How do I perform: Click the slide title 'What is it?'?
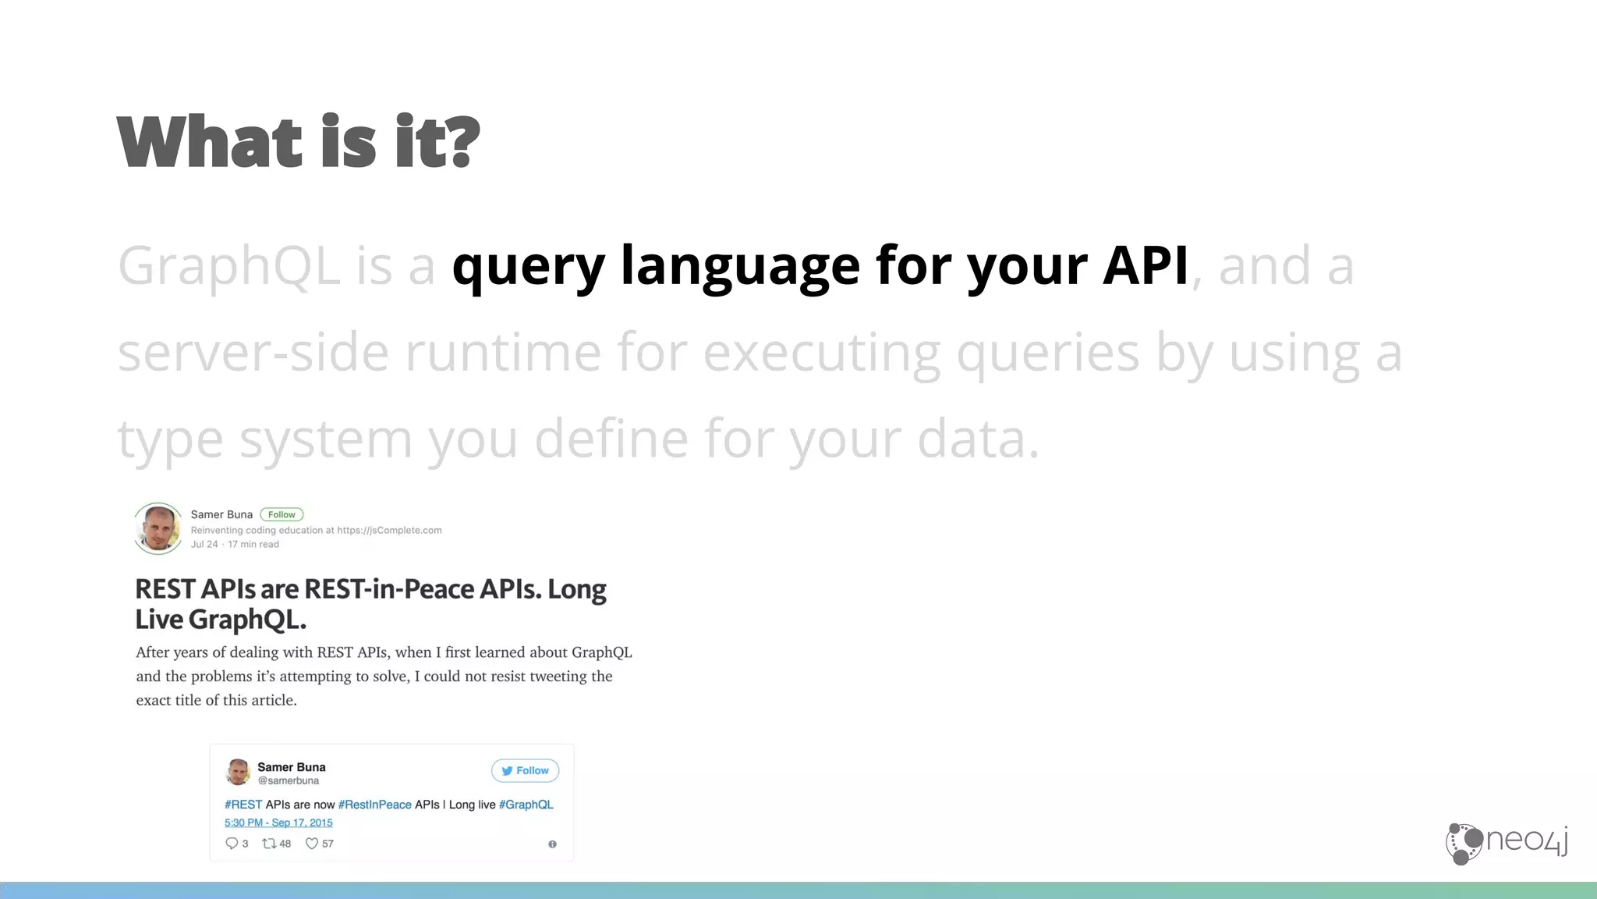tap(298, 142)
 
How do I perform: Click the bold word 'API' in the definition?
tap(1145, 266)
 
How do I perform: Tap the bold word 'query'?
tap(528, 266)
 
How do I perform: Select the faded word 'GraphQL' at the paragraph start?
tap(228, 266)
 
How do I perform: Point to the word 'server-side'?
tap(253, 353)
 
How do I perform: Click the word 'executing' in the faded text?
tap(821, 353)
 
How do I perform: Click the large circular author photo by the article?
tap(158, 528)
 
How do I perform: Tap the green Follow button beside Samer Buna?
tap(282, 514)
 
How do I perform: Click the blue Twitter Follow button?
tap(525, 770)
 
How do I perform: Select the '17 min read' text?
tap(253, 545)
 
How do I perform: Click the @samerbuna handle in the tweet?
tap(288, 781)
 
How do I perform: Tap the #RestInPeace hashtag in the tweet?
tap(374, 805)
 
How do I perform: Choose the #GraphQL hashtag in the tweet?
tap(526, 805)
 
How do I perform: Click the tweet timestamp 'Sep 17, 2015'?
tap(302, 823)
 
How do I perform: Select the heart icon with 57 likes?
tap(312, 844)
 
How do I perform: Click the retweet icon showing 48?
tap(269, 844)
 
